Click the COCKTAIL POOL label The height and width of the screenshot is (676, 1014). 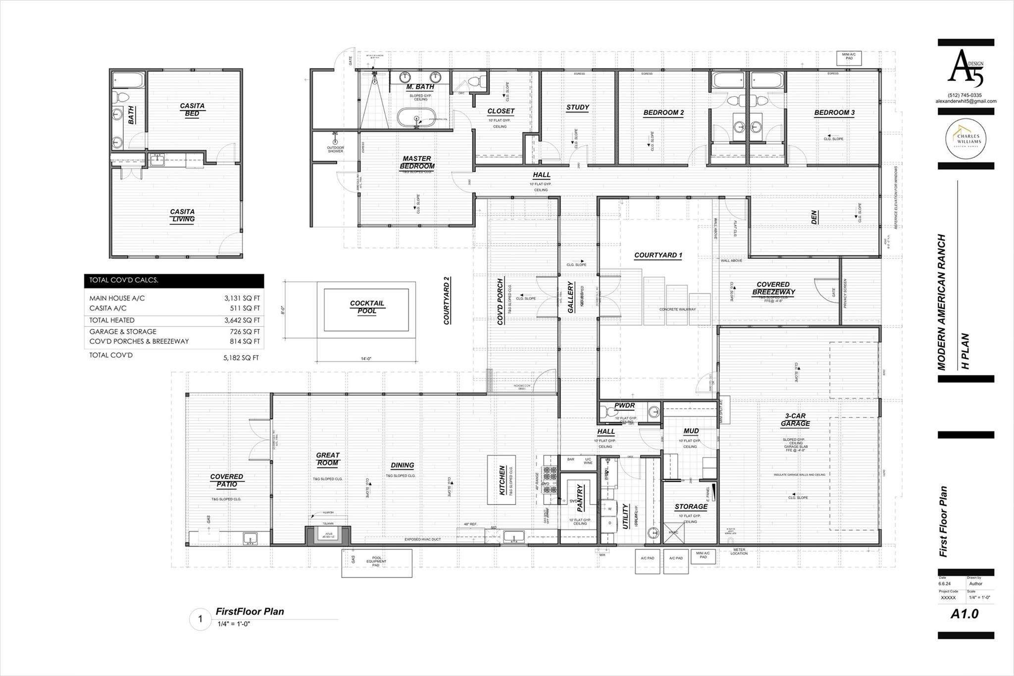click(367, 307)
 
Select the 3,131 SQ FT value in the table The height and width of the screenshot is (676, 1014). click(242, 298)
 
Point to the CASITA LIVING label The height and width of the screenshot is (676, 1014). click(182, 215)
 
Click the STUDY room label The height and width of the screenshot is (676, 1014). click(577, 107)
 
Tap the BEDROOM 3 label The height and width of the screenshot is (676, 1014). click(834, 113)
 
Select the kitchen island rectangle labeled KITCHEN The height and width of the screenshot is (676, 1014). click(502, 480)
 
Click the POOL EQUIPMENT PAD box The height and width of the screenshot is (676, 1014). click(377, 563)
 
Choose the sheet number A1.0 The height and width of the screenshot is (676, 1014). click(964, 614)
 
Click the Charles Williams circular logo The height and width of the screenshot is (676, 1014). click(965, 139)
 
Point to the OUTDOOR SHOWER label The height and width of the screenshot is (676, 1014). click(335, 149)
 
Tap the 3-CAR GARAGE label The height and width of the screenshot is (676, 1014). click(795, 420)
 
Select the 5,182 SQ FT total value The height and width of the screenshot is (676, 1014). click(241, 358)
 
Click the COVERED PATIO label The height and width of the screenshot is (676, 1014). click(227, 480)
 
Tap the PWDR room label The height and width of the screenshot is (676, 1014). click(624, 406)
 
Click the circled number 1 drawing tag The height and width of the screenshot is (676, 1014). click(201, 619)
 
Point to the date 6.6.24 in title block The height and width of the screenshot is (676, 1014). click(945, 584)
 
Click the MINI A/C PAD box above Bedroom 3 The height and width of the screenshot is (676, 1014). click(849, 58)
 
